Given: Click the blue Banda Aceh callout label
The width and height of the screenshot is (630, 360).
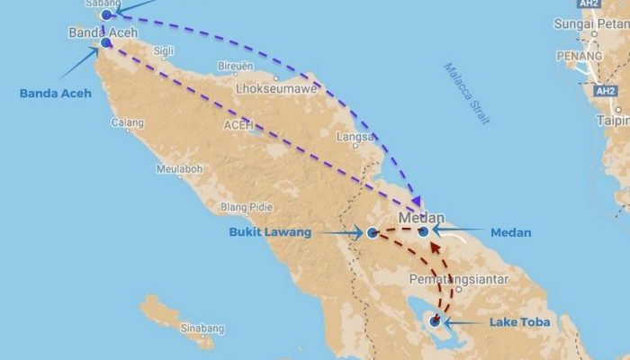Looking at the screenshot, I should pyautogui.click(x=55, y=93).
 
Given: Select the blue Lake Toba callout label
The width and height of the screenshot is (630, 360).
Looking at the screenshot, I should pyautogui.click(x=518, y=321).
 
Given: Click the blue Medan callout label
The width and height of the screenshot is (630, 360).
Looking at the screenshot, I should pyautogui.click(x=510, y=232).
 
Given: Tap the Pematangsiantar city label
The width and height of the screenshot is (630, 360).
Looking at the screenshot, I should pyautogui.click(x=458, y=280).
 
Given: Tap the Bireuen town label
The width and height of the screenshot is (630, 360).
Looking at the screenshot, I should pyautogui.click(x=235, y=66).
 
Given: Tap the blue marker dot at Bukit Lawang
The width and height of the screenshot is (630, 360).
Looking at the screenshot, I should pyautogui.click(x=373, y=233).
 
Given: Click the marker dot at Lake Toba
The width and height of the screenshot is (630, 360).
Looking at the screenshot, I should pyautogui.click(x=436, y=319).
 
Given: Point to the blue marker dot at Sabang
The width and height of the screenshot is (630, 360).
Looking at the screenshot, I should pyautogui.click(x=107, y=15).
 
